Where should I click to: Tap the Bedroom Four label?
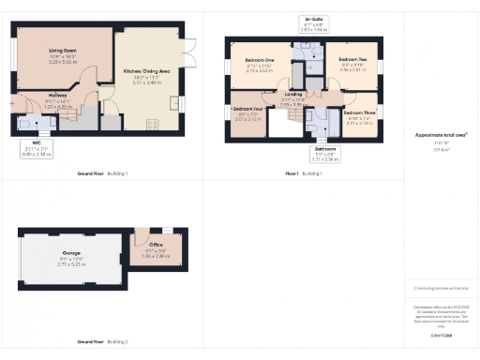(248, 109)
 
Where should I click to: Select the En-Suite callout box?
(315, 23)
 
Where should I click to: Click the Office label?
(157, 247)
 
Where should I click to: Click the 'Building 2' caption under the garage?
(119, 342)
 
